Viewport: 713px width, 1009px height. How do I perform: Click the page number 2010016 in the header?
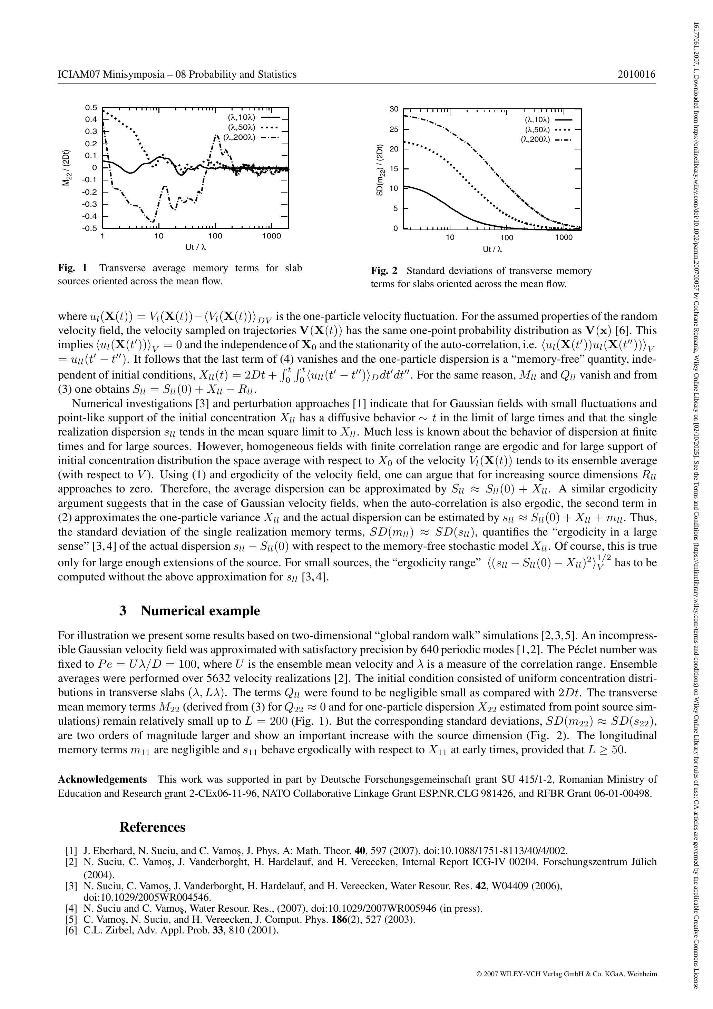click(x=636, y=74)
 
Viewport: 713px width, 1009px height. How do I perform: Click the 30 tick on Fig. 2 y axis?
click(x=394, y=109)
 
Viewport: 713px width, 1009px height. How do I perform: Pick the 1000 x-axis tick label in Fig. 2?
click(x=564, y=238)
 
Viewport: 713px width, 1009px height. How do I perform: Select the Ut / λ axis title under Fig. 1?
click(x=196, y=247)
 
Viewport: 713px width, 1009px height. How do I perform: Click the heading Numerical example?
click(x=200, y=611)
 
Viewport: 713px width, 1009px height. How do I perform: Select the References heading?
click(x=153, y=827)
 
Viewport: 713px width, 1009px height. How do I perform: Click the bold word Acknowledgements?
click(x=102, y=780)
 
